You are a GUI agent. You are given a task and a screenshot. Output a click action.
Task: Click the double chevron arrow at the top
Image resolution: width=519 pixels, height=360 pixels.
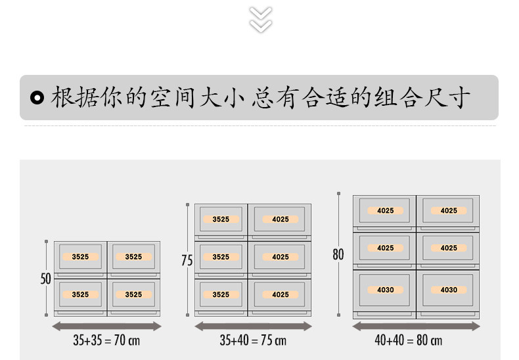click(261, 19)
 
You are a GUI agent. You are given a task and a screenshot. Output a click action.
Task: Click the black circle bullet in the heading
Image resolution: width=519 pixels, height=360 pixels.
click(38, 98)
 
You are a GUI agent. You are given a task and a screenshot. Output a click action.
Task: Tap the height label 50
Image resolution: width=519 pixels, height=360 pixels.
click(45, 279)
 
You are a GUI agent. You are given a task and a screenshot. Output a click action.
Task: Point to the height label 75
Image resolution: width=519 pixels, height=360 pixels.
click(187, 261)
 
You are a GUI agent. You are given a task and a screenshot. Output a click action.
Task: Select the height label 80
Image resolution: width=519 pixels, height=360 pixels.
click(338, 254)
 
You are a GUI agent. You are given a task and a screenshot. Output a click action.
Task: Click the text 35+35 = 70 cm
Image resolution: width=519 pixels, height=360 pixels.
click(106, 341)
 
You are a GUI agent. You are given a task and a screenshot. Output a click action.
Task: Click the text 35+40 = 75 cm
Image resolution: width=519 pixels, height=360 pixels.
click(253, 341)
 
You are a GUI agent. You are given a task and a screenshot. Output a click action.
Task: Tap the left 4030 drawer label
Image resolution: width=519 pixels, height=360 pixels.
click(386, 290)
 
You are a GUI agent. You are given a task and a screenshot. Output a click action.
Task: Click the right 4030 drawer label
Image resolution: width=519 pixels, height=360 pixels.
click(449, 290)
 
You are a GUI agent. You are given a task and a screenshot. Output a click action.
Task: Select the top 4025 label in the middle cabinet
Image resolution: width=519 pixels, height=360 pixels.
click(281, 219)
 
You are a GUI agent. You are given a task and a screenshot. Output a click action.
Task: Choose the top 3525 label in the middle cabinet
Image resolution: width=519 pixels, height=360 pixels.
click(221, 219)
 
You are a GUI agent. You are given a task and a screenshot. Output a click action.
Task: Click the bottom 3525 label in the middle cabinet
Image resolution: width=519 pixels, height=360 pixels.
click(221, 294)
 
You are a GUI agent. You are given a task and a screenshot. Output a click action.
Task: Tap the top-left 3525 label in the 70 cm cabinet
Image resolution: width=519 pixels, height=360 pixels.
click(80, 257)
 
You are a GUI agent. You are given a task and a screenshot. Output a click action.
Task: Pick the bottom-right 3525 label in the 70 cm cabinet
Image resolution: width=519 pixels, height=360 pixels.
click(133, 294)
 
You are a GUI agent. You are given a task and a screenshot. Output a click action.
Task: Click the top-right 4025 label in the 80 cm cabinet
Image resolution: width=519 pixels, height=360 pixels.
click(449, 211)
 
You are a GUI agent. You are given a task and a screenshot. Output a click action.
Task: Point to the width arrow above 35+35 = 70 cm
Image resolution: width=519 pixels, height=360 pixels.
click(106, 326)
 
